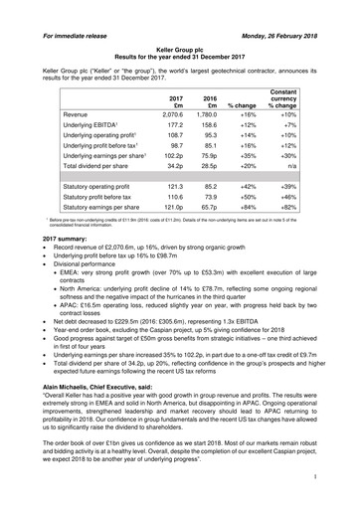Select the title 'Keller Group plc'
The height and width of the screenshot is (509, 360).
(179, 33)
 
